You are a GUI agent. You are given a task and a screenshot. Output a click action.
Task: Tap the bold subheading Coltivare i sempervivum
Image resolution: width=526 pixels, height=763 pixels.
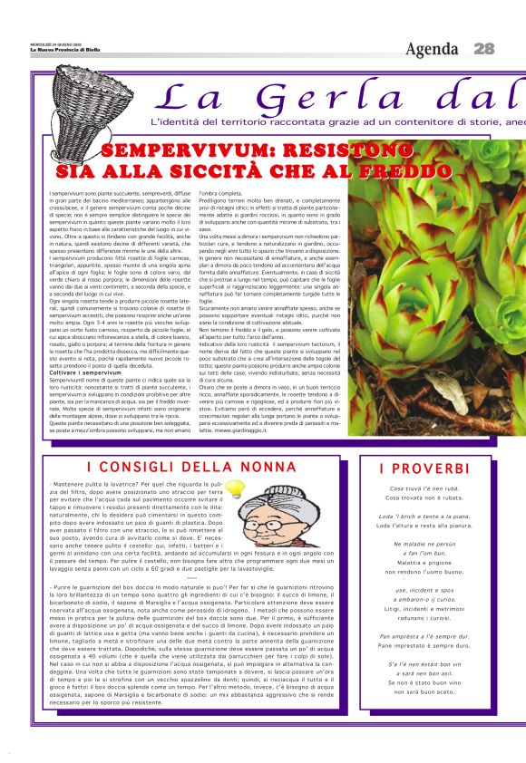click(x=85, y=347)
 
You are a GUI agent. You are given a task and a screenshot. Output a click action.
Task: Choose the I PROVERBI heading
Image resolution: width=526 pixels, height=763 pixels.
click(x=424, y=468)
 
